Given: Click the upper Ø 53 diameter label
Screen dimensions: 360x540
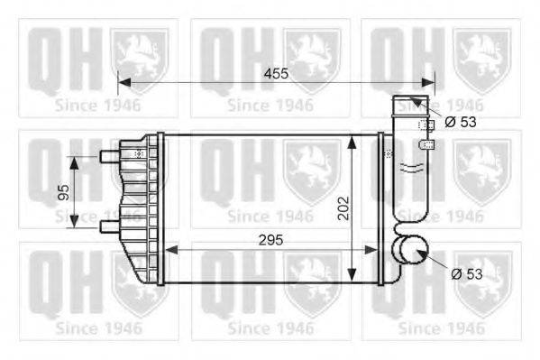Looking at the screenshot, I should [460, 122].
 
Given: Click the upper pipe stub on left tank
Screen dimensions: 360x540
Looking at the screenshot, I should [108, 157].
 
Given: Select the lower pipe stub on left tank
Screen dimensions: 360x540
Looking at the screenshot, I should [108, 225].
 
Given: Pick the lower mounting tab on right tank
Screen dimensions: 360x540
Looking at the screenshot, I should [427, 143].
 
